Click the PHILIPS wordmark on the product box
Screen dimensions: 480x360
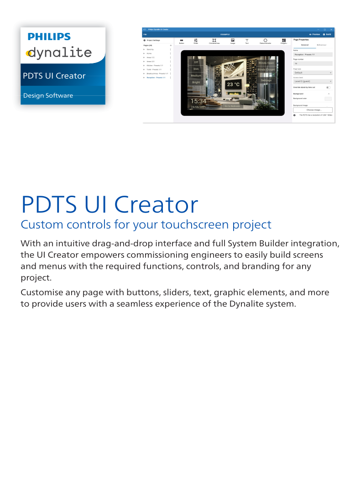tap(49, 37)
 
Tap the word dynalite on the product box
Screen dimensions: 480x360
tap(59, 52)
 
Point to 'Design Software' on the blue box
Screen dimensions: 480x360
tap(48, 95)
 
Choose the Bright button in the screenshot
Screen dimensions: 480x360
tap(196, 82)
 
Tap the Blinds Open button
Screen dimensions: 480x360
tap(266, 63)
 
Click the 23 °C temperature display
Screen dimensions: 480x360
tap(233, 84)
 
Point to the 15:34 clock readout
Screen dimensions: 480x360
tap(198, 101)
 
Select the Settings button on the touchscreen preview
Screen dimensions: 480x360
tap(266, 80)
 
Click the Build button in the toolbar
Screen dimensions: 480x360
tap(327, 34)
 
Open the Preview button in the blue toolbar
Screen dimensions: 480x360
tap(314, 34)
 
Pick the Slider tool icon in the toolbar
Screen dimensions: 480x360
tap(196, 41)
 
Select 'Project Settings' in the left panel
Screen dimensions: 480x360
tap(153, 41)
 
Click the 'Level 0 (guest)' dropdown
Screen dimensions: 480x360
tap(313, 81)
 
